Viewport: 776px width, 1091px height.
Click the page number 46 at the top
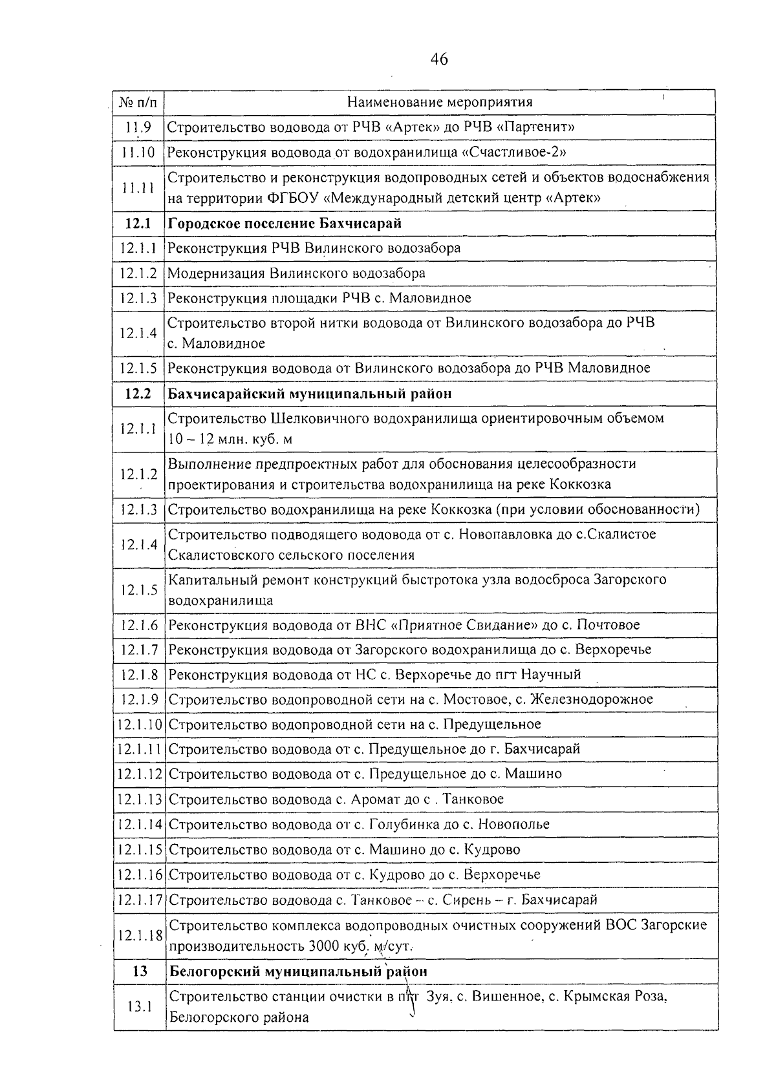click(x=438, y=60)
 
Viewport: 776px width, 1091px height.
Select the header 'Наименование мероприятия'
click(x=440, y=102)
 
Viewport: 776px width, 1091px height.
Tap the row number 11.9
click(x=138, y=127)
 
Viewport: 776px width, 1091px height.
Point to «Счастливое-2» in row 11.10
click(x=515, y=153)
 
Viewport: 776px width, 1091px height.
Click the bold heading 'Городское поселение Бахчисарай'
click(x=285, y=224)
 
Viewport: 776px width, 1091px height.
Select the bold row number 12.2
click(x=138, y=394)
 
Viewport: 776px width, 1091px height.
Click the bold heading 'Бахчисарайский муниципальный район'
click(x=310, y=394)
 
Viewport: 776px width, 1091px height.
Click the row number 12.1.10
click(x=140, y=724)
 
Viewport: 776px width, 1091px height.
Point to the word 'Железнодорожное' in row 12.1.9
click(x=591, y=699)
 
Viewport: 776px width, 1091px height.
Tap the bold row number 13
click(x=139, y=971)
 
